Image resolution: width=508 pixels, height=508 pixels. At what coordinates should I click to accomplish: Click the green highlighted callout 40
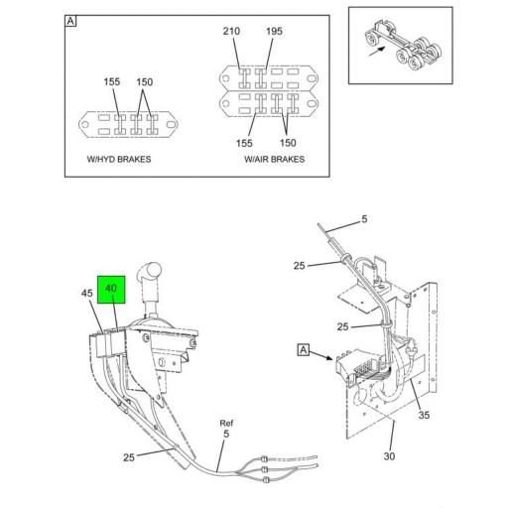pos(111,289)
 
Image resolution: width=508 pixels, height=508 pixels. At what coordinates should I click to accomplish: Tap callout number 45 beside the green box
pos(87,293)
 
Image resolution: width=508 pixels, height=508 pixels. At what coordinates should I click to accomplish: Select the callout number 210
pos(231,31)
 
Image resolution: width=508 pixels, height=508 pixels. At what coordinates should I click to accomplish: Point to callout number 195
pos(274,31)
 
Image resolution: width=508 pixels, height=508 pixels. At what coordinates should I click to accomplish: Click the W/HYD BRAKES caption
pos(119,159)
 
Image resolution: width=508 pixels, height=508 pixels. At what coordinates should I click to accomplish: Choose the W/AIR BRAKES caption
pos(274,159)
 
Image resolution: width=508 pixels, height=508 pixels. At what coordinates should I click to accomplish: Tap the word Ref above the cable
pos(226,423)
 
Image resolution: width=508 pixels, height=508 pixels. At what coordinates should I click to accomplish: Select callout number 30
pos(389,456)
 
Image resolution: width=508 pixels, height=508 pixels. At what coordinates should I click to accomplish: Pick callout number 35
pos(424,415)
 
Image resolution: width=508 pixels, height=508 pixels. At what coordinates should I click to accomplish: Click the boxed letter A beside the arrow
pos(304,350)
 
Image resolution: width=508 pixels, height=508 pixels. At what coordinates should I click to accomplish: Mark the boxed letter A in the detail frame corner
pos(70,21)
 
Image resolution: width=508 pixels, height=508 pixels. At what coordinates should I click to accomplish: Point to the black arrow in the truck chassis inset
pos(377,52)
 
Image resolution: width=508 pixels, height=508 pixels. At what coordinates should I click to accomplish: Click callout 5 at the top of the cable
pos(364,219)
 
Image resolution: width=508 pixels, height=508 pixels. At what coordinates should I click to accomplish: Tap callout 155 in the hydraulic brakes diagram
pos(112,81)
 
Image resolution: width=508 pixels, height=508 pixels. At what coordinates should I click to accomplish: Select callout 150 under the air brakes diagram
pos(288,143)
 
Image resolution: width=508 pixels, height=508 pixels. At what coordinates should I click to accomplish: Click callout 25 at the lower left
pos(129,457)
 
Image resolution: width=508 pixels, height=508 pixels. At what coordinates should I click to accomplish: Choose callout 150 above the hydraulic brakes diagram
pos(145,81)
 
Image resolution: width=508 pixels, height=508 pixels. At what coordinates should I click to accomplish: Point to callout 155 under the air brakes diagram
pos(244,143)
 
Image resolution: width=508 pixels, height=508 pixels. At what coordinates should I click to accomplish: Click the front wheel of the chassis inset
pos(372,40)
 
